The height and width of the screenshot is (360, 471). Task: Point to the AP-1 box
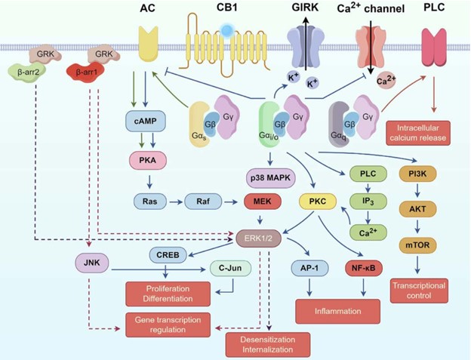(306, 266)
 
